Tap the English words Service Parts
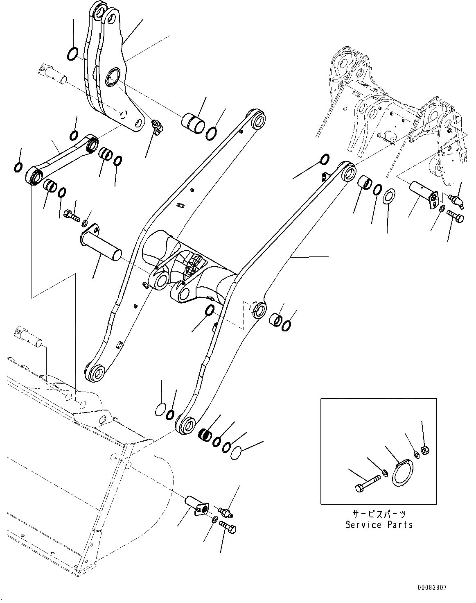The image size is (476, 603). coord(379,525)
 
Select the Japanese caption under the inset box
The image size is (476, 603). coord(379,514)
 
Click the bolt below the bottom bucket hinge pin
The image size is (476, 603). coord(228,527)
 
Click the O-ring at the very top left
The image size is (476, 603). coord(72,53)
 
